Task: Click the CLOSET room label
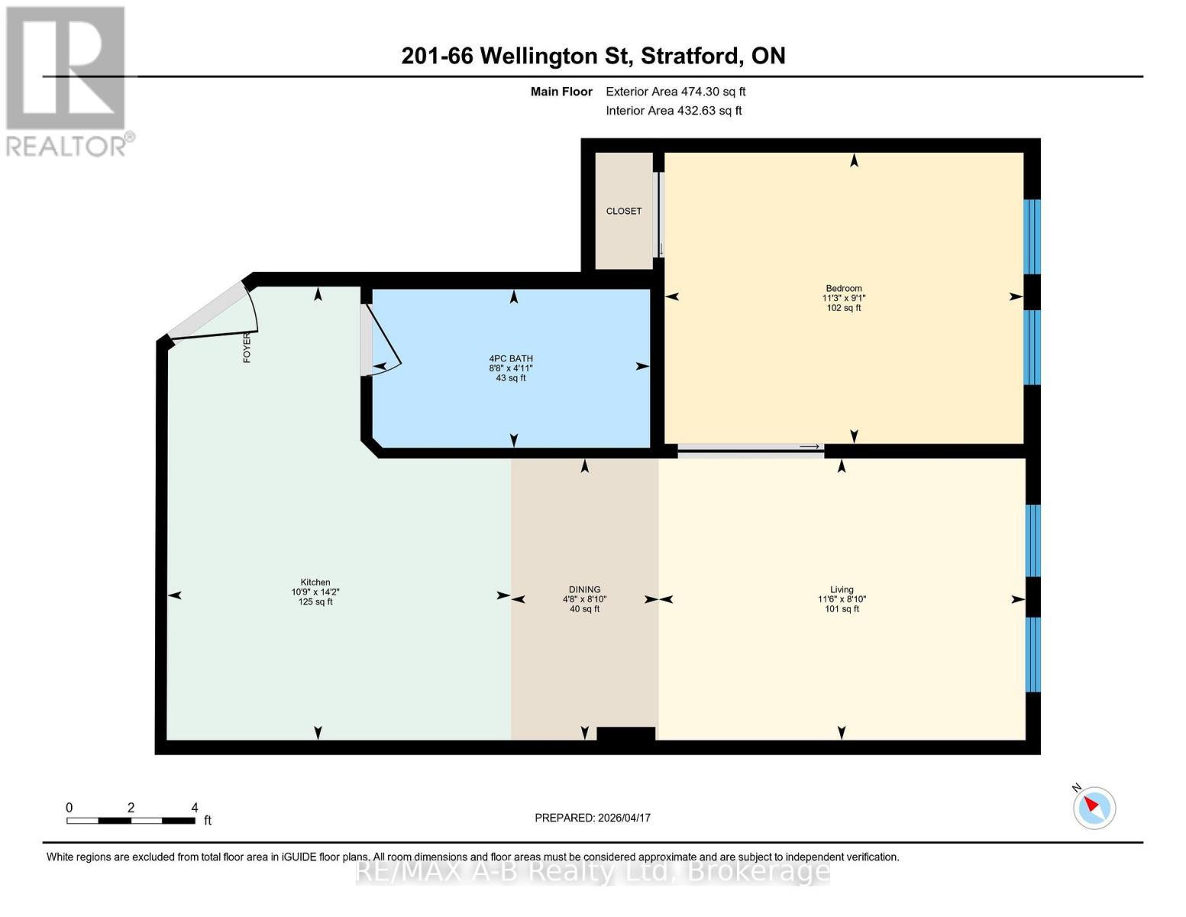tap(623, 211)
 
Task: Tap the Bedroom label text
tap(843, 288)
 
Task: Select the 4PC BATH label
tap(510, 358)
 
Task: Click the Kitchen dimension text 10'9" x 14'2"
tap(315, 592)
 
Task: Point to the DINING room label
tap(584, 589)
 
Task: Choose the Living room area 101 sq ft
tap(842, 609)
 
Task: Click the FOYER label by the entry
tap(247, 348)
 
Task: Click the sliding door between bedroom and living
tap(751, 447)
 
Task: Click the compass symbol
tap(1094, 808)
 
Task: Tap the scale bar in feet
tap(131, 820)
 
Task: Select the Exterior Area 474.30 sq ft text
tap(675, 92)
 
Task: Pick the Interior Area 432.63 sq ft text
tap(674, 111)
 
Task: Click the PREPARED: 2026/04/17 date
tap(592, 818)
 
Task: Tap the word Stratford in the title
tap(690, 57)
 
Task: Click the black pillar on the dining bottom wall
tap(625, 734)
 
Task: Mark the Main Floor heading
tap(561, 92)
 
